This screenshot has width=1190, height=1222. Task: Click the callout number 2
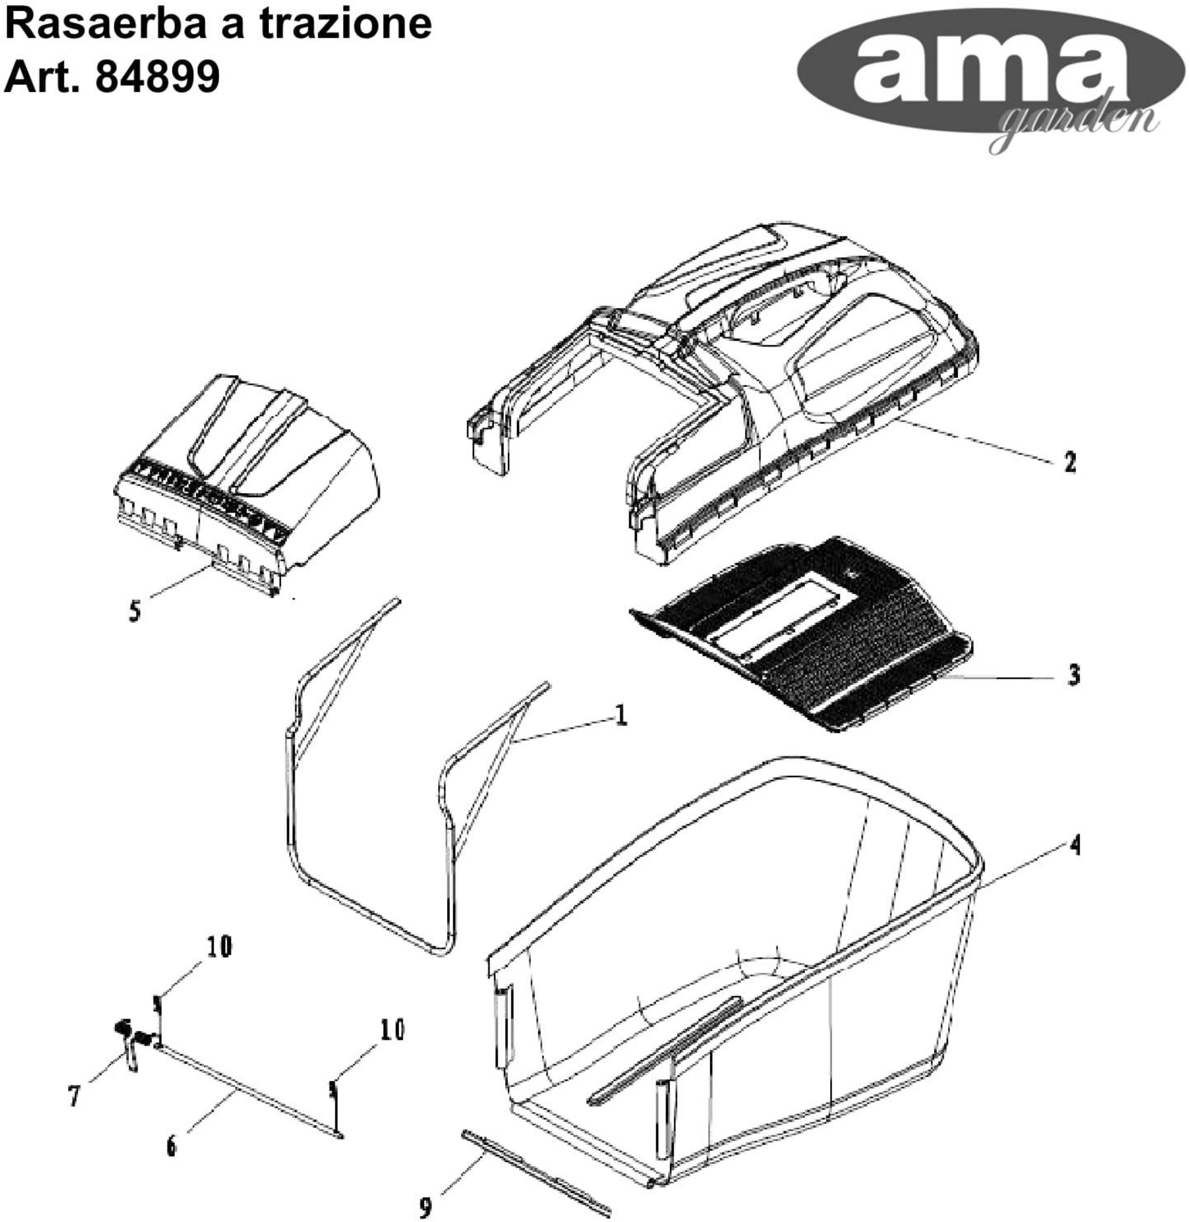tap(1070, 463)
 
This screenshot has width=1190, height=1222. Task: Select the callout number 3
tap(1074, 675)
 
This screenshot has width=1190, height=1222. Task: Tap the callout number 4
tap(1075, 847)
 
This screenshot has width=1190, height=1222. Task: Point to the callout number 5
tap(135, 611)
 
